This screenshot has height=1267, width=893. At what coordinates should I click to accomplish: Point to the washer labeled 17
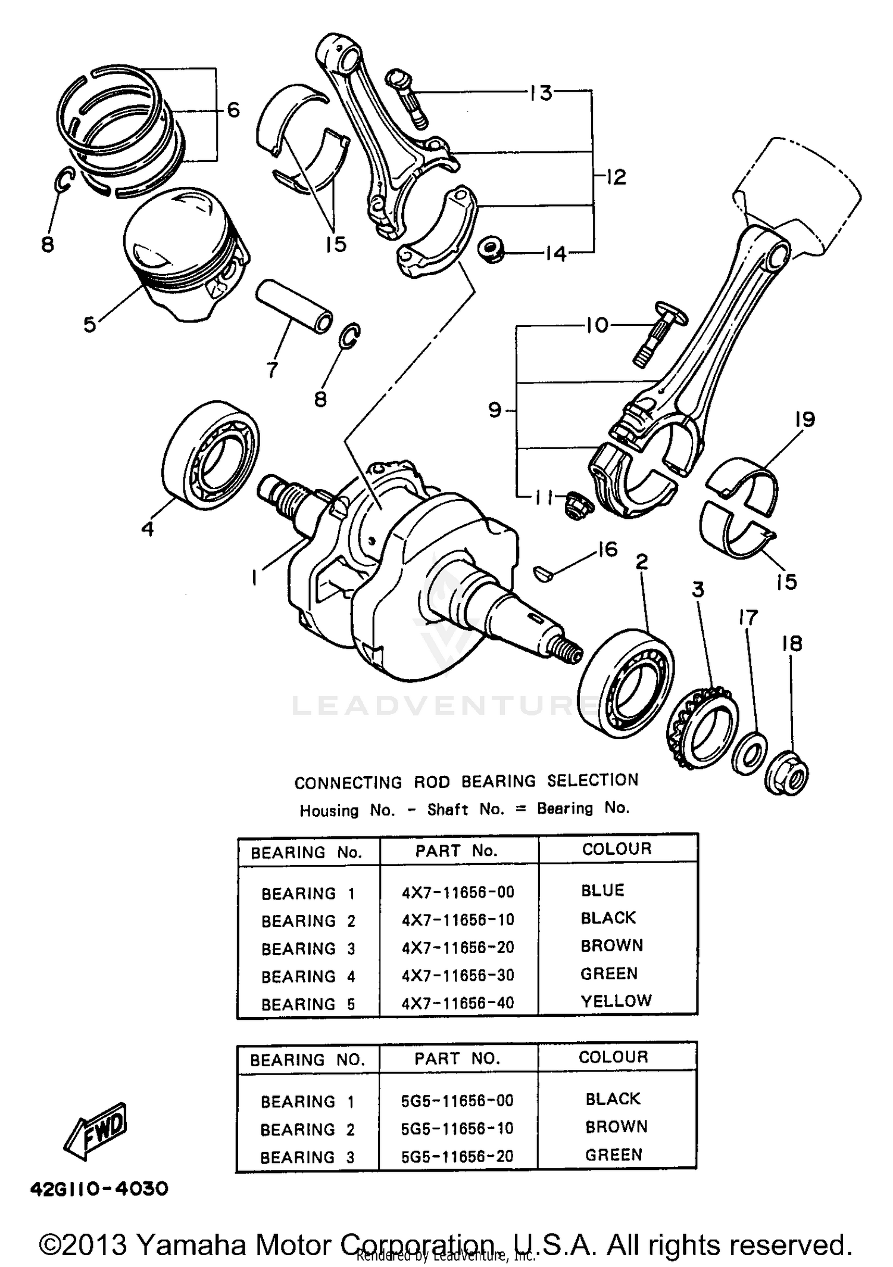pos(749,754)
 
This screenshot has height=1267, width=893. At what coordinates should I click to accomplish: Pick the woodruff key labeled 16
pos(543,574)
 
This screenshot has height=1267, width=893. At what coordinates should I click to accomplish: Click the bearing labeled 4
pos(211,455)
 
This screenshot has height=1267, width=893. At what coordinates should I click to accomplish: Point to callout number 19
pos(804,419)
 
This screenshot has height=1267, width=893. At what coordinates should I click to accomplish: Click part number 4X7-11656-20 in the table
pos(457,947)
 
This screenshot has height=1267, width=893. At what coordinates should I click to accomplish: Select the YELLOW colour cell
pos(616,1001)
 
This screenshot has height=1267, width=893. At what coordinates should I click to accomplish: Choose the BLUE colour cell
pos(602,891)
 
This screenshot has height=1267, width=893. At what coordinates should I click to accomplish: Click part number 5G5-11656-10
pos(457,1128)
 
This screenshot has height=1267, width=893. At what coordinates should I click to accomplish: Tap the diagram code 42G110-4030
pos(99,1189)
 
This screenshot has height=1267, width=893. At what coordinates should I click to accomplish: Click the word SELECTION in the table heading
pos(592,780)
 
